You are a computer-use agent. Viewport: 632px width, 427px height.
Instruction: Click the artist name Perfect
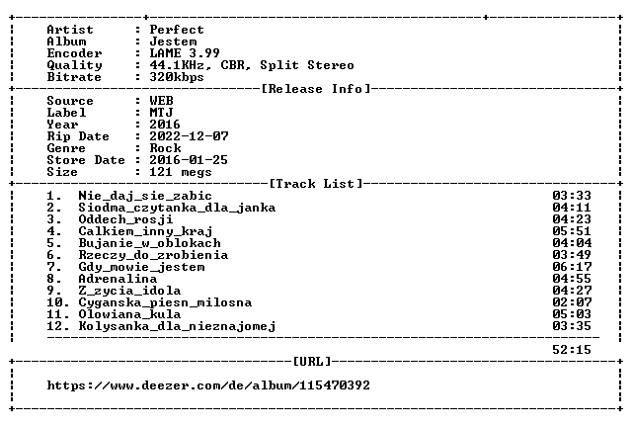pos(177,30)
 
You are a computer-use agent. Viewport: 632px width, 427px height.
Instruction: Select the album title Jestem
pos(173,42)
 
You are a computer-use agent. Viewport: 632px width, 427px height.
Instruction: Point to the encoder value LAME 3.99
pos(185,53)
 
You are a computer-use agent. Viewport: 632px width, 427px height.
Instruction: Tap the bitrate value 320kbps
pos(177,77)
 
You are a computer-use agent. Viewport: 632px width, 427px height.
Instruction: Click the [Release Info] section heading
pos(316,89)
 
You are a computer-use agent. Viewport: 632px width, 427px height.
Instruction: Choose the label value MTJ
pos(161,113)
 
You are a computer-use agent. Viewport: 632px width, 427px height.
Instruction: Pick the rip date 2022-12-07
pos(189,136)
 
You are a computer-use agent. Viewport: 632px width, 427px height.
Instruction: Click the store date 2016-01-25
pos(189,160)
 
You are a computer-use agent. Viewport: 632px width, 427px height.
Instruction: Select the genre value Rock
pos(165,148)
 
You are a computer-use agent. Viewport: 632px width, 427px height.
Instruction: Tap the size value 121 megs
pos(181,172)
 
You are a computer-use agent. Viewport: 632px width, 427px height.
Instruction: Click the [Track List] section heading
pos(316,184)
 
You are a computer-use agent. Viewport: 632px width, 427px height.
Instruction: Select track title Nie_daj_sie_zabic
pos(145,196)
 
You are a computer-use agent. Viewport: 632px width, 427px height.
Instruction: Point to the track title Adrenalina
pos(118,279)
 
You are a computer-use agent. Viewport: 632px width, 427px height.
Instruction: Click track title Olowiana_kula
pos(129,314)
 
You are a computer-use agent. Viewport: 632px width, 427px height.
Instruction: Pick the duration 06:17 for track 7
pos(572,267)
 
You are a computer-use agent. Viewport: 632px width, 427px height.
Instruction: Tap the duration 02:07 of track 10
pos(572,302)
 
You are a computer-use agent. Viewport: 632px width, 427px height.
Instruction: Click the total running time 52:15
pos(572,350)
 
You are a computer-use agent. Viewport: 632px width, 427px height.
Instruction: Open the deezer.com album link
pos(208,385)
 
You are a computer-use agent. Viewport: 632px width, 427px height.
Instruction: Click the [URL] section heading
pos(312,362)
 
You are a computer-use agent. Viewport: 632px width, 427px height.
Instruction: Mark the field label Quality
pos(75,65)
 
